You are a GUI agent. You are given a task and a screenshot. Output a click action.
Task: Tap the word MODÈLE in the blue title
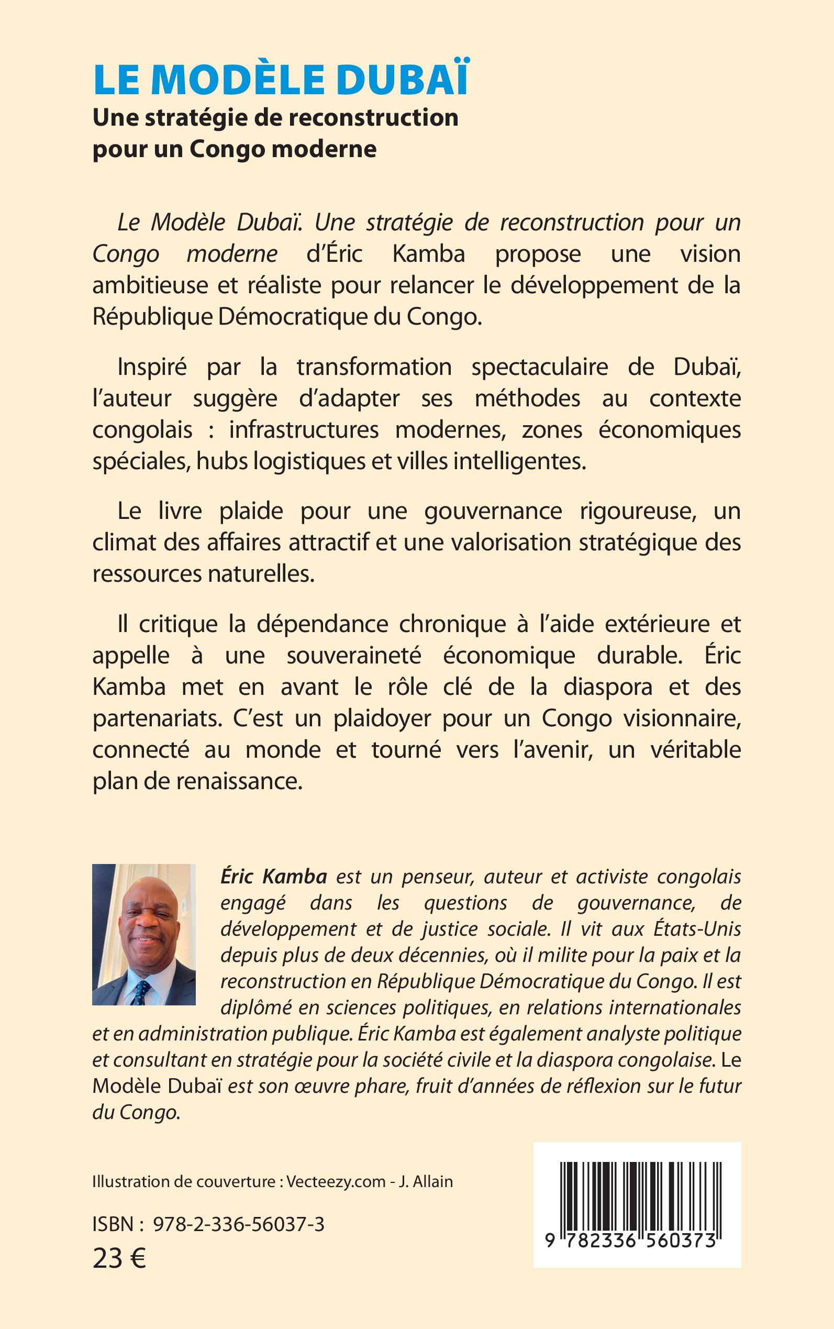(x=238, y=80)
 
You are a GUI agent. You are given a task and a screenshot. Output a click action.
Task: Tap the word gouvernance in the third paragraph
(x=493, y=511)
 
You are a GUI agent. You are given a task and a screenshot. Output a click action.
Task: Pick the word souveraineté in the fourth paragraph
(x=353, y=656)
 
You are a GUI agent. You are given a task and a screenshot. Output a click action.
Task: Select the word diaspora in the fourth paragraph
(x=608, y=687)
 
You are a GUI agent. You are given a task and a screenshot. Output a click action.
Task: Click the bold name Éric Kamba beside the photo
(x=274, y=877)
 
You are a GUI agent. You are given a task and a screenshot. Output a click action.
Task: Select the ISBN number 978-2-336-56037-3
(x=238, y=1224)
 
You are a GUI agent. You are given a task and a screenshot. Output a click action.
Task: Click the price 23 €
(x=119, y=1258)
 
